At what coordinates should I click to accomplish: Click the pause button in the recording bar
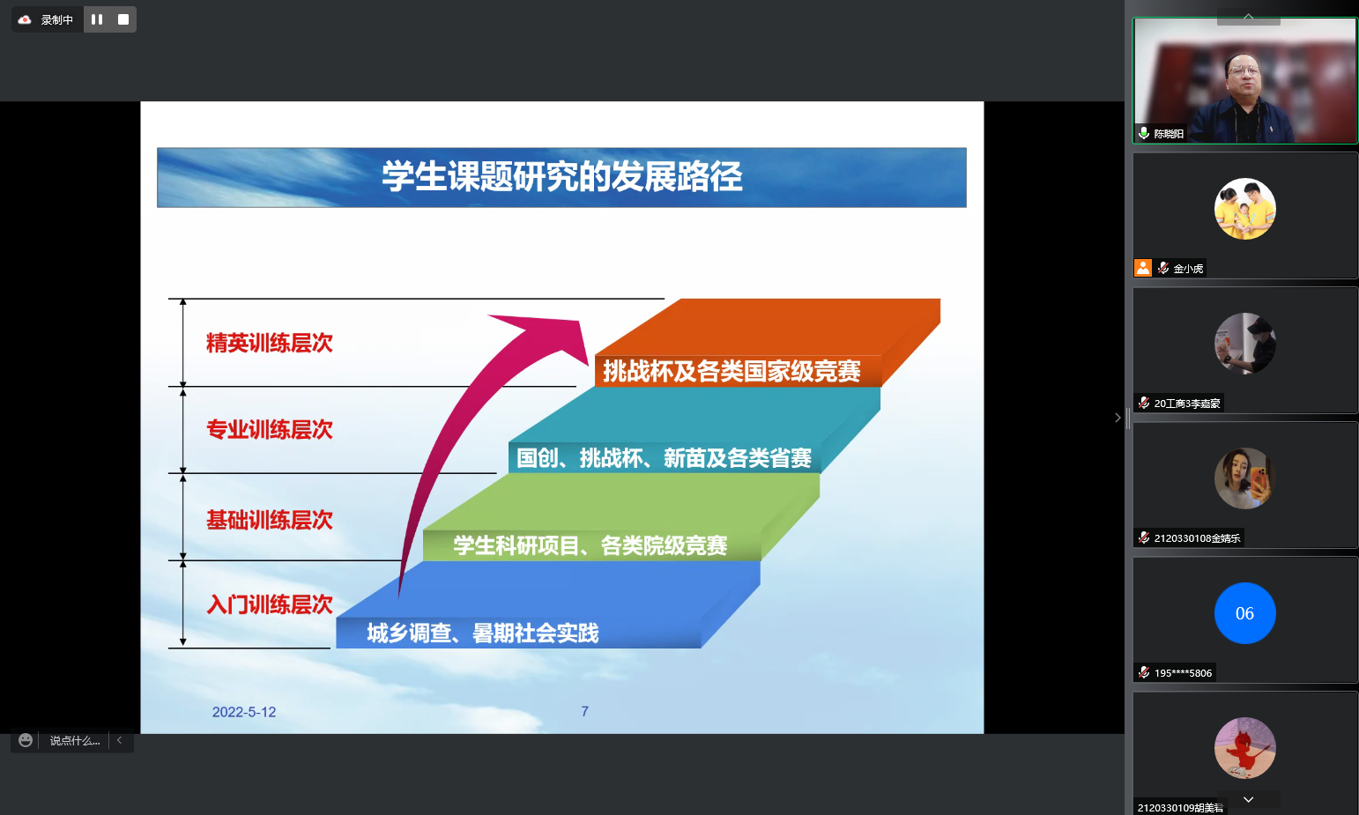click(97, 19)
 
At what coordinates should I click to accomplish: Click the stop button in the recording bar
click(123, 19)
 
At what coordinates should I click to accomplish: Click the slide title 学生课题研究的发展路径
click(561, 176)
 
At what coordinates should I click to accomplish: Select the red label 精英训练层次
click(270, 343)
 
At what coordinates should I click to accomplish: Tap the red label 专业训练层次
click(270, 429)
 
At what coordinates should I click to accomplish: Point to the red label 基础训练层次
click(270, 520)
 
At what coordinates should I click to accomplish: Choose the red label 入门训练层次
click(270, 604)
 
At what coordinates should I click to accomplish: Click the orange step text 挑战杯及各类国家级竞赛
click(731, 371)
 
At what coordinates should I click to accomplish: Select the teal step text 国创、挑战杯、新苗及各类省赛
click(664, 458)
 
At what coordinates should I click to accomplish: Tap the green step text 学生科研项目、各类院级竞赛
click(590, 545)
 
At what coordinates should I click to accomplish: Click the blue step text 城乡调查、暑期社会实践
click(483, 633)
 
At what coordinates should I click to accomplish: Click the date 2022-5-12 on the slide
click(244, 712)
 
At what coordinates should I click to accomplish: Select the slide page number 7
click(585, 711)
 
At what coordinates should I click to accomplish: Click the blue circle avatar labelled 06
click(1245, 613)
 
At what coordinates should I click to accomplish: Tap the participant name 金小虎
click(1188, 269)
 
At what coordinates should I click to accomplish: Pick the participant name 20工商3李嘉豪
click(1186, 404)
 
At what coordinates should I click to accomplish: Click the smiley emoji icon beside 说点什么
click(26, 740)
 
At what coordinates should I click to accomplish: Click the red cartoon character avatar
click(1245, 748)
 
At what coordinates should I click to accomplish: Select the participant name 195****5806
click(1183, 673)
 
